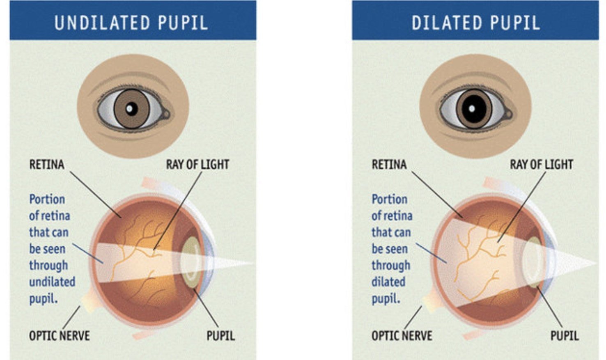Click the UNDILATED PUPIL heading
tap(131, 23)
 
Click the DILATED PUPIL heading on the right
tap(475, 23)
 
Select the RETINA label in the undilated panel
tap(47, 165)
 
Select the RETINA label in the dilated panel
tap(389, 165)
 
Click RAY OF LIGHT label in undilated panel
tap(197, 165)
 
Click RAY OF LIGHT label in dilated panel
tap(541, 165)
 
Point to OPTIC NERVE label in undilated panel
tap(59, 336)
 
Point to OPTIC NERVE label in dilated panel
tap(402, 336)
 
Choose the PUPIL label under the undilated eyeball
tap(220, 336)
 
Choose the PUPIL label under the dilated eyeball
tap(564, 336)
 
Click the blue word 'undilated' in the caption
tap(52, 282)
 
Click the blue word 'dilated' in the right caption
tap(388, 282)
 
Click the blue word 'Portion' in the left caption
tap(47, 199)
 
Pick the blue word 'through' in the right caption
tap(391, 266)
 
